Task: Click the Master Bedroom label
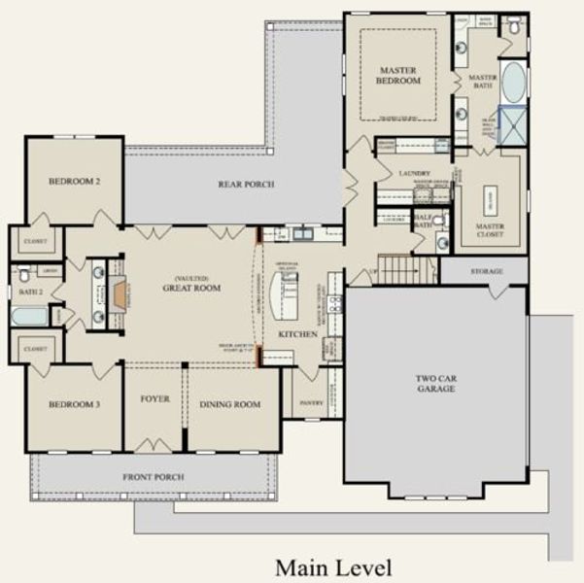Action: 398,74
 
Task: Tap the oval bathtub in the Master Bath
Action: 512,84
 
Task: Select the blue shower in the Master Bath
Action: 511,124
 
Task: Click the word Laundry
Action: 414,173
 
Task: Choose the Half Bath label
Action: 424,221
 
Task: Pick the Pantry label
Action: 311,401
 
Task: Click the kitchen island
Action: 286,294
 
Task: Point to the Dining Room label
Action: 229,404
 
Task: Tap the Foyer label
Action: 155,398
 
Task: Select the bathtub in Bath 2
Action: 29,316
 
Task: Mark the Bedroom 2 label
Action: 74,182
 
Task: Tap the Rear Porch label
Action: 245,185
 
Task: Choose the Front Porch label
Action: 153,477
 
